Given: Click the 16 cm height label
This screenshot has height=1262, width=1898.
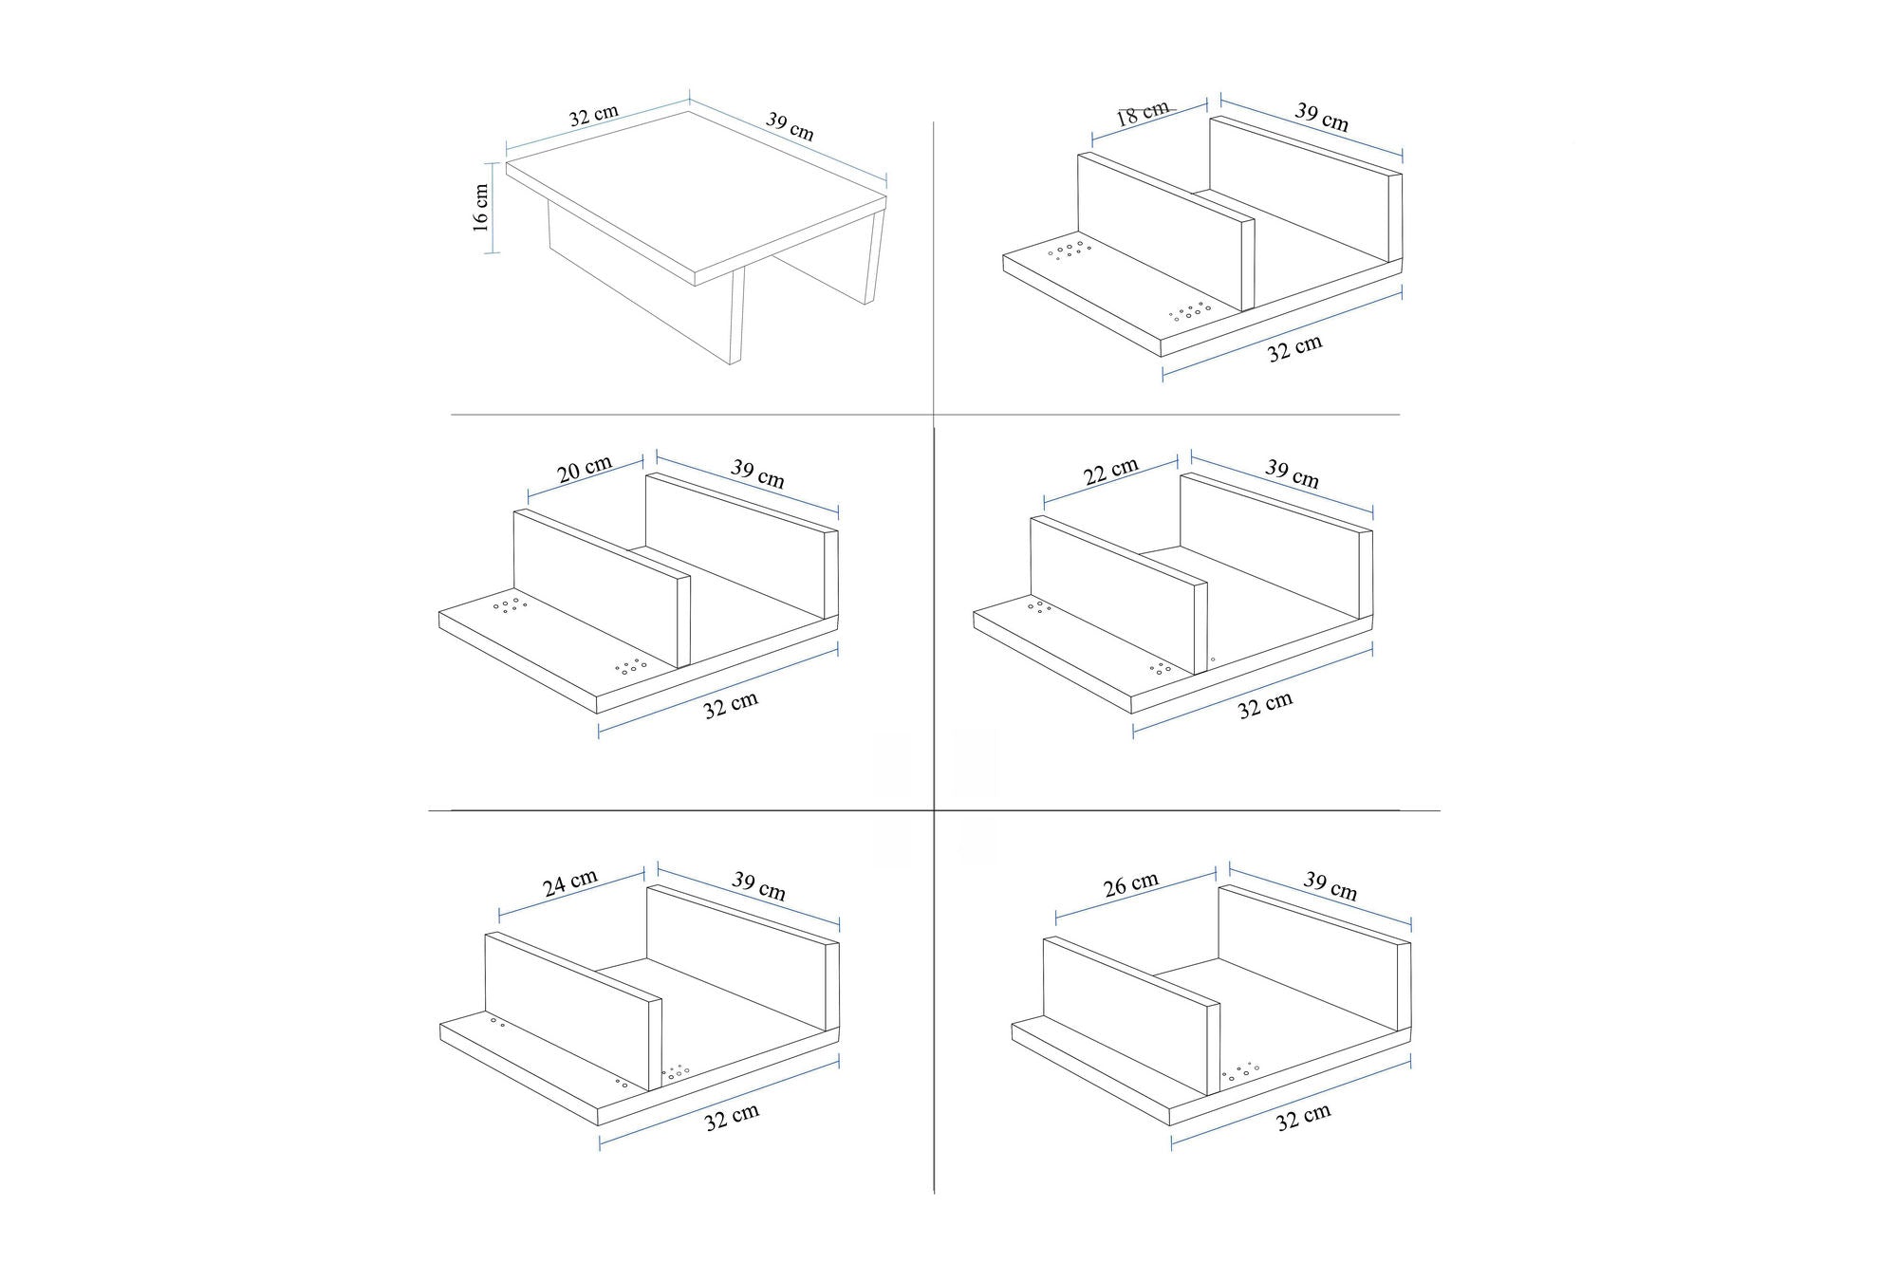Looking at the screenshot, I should tap(481, 208).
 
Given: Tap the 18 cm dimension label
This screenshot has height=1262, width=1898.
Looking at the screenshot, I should tap(1142, 114).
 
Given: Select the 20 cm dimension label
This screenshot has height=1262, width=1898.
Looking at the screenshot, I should tap(585, 469).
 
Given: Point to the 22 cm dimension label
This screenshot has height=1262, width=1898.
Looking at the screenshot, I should tap(1110, 471).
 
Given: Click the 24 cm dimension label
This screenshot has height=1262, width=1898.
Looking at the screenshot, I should tap(569, 882).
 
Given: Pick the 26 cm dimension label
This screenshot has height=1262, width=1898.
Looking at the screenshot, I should tap(1131, 884).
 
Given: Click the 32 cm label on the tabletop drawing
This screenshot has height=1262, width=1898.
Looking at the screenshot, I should tap(594, 116).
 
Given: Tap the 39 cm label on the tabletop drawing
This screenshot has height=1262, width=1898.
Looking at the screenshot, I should tap(790, 127).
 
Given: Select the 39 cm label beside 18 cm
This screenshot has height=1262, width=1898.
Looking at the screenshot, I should tap(1322, 117).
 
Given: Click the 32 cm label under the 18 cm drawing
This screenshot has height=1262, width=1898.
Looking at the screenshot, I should tap(1294, 348).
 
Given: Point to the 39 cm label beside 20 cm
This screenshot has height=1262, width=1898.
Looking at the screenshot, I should tap(757, 473).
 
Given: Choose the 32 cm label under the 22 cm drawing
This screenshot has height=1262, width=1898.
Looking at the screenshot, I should tap(1265, 705).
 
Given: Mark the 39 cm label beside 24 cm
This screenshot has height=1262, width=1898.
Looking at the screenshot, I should tap(758, 885).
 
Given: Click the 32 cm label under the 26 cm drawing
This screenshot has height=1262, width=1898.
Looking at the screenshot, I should tap(1303, 1117).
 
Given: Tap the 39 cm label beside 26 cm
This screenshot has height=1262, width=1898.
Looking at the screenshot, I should tap(1330, 885).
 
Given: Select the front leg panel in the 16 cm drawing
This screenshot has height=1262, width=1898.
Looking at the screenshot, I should tap(645, 285).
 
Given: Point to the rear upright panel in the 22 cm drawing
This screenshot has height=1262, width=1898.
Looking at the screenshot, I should tap(1272, 541).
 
